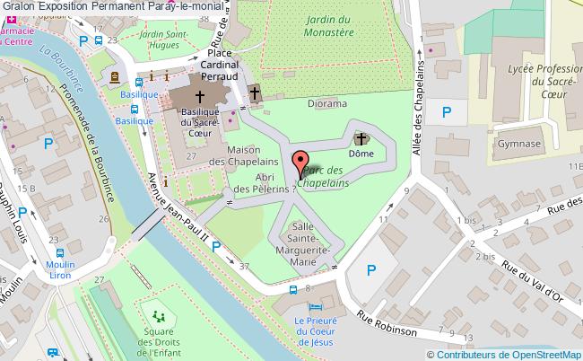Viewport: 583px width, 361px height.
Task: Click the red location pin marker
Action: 300,164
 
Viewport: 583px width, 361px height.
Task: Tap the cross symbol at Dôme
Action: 361,138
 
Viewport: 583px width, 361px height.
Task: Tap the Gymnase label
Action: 519,143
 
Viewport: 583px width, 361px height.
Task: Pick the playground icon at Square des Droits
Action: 159,316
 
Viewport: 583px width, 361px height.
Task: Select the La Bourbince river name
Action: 55,67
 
